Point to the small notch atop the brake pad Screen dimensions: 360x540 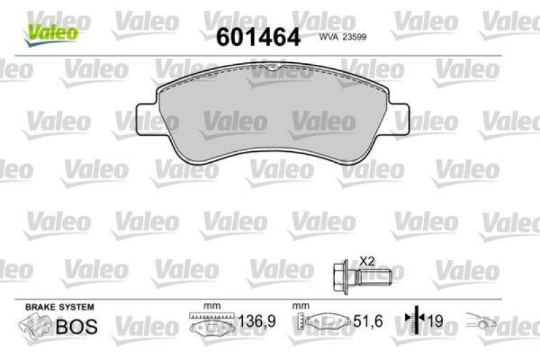pos(271,67)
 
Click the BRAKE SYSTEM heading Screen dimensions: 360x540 pos(59,307)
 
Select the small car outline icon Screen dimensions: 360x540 pos(481,322)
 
